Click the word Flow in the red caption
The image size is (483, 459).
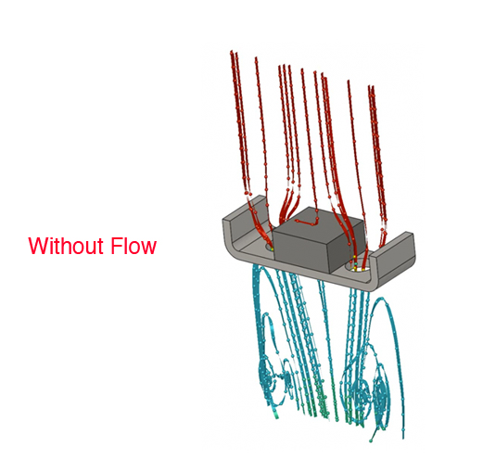[x=133, y=246]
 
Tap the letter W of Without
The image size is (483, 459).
[x=37, y=246]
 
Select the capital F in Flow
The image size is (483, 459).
[x=116, y=246]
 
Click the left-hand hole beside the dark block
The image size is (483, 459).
[x=270, y=247]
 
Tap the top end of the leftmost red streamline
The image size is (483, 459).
[x=231, y=51]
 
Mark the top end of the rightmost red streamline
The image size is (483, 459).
[x=373, y=87]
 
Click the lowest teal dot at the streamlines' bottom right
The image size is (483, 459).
[x=371, y=440]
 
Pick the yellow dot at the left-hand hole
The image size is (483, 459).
[x=272, y=249]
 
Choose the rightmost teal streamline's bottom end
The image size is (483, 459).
[x=403, y=438]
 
